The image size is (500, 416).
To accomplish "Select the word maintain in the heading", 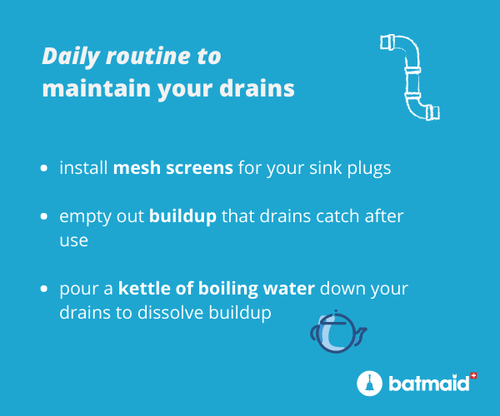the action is coord(97,88).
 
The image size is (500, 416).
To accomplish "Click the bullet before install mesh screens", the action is coord(44,168).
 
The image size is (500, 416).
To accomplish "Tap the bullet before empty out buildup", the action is coord(44,216).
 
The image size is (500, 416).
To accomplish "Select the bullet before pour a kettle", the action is coord(44,289).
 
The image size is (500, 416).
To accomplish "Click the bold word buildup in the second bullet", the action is coord(182,217).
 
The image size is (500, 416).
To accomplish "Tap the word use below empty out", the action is coord(73,241).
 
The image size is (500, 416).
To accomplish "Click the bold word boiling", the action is coord(228,289).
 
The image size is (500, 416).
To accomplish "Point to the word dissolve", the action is coord(172,313).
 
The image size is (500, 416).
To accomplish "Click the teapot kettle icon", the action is coord(337,332).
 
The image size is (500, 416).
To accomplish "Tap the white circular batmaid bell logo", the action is coord(369,384).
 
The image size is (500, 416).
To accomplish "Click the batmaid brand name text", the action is coord(429,384).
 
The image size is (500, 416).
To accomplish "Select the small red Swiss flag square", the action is coord(474,375).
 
